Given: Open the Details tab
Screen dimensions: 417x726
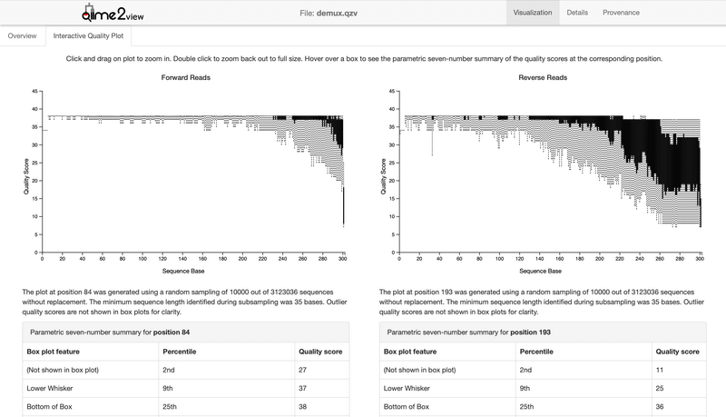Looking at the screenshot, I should pos(577,13).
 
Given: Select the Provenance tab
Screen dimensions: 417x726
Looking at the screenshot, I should pos(621,13).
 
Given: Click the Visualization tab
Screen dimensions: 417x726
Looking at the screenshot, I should pos(533,13).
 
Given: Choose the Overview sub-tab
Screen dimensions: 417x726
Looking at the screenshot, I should pos(23,36).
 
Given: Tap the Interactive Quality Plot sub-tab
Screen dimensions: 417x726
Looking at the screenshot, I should pos(89,36).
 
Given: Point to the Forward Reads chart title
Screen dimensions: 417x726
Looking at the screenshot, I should pos(186,78).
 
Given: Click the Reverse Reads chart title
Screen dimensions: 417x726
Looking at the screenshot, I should pos(543,78).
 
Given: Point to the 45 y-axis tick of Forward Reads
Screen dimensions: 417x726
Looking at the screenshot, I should pos(34,92).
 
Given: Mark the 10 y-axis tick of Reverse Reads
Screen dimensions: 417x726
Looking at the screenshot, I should pos(391,217).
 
